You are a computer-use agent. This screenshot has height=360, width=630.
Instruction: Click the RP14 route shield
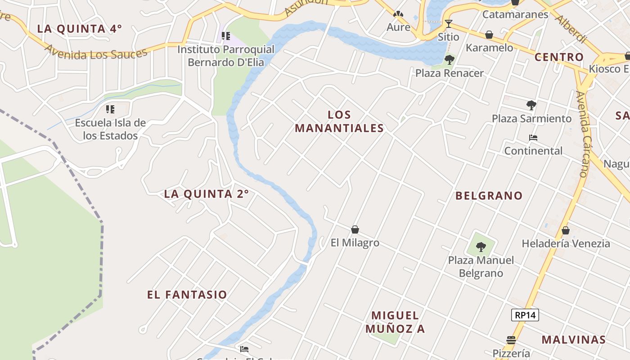(x=525, y=315)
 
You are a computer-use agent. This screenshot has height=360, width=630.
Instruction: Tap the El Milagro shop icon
(x=355, y=229)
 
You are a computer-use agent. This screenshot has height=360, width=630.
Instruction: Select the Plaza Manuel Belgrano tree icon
(x=481, y=247)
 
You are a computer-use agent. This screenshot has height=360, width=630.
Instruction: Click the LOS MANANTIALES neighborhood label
(x=339, y=121)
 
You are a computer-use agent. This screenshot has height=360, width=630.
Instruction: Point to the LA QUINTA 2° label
(x=206, y=194)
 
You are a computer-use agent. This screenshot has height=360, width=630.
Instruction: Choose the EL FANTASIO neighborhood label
(x=187, y=295)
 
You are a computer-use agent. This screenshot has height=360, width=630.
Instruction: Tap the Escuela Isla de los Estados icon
(x=110, y=109)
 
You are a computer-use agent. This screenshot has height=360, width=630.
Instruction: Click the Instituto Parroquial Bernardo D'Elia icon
(x=226, y=36)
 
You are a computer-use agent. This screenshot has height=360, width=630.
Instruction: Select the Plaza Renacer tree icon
(x=449, y=59)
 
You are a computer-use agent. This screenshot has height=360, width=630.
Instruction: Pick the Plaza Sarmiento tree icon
(x=531, y=105)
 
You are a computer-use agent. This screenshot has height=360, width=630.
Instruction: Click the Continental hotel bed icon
(x=533, y=138)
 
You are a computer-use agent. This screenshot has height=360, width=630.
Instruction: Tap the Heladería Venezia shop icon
(x=566, y=230)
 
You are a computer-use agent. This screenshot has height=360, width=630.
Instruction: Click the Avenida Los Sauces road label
(x=96, y=52)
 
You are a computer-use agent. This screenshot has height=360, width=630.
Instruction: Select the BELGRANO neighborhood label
(x=489, y=196)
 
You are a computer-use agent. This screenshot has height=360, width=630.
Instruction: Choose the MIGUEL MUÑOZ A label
(x=395, y=322)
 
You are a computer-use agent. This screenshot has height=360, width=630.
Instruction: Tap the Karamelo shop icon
(x=489, y=35)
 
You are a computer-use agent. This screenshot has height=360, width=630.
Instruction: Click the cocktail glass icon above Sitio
(x=448, y=23)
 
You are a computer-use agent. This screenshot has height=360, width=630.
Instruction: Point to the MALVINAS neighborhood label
(x=573, y=340)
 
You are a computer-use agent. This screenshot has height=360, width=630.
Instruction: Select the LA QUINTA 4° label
(x=79, y=29)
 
